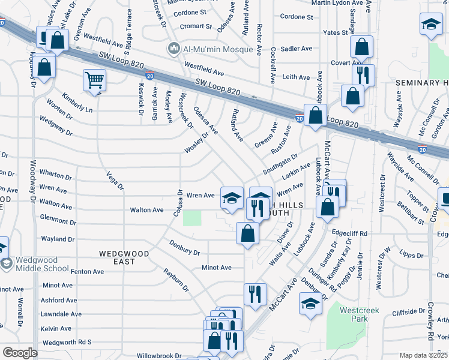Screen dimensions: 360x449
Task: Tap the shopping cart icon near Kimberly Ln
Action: coord(95,80)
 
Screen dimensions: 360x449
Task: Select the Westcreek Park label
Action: coord(353,314)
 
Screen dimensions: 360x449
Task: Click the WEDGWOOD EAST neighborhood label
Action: coord(124,254)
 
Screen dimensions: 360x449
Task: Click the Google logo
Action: coord(20,353)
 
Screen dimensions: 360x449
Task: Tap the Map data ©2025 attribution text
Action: coord(423,355)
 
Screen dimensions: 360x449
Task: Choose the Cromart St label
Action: coord(196,26)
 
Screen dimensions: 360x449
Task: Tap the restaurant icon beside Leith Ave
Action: coord(363,75)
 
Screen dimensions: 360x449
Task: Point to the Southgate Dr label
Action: coord(280,166)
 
